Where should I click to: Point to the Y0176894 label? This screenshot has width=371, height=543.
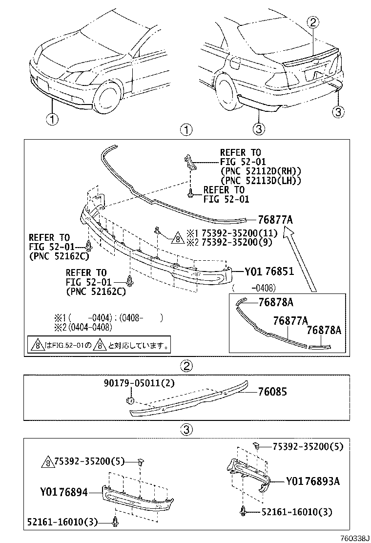[64, 492]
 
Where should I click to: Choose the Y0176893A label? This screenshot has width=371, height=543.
[312, 481]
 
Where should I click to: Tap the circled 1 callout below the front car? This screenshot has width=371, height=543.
[52, 119]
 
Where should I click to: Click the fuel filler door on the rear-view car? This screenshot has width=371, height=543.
[236, 62]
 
